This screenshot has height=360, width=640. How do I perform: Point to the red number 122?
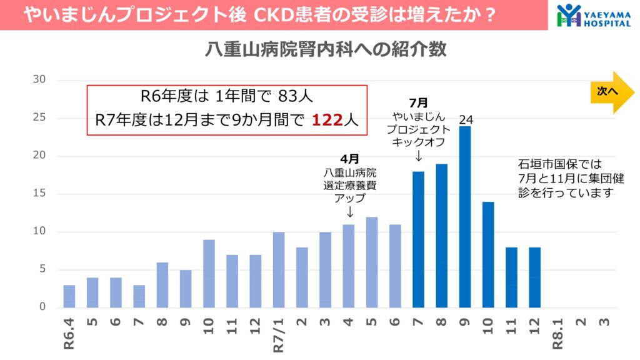[x=328, y=120]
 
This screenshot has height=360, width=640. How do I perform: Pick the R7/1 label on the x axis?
[x=279, y=334]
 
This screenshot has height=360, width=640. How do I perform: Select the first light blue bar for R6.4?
[x=69, y=296]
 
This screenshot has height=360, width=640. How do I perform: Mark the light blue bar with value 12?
[x=372, y=262]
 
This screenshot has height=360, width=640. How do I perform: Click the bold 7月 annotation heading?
[x=418, y=102]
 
